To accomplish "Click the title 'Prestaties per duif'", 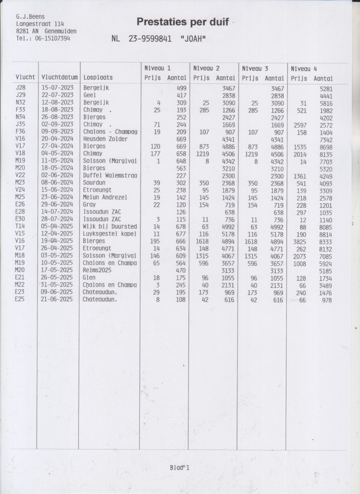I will click(x=182, y=22).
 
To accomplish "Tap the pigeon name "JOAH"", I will click(x=193, y=39).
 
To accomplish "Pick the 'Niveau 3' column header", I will click(x=255, y=68).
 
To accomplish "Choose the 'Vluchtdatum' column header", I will click(x=58, y=77).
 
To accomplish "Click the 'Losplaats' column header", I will click(x=98, y=77).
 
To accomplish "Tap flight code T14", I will click(x=21, y=226).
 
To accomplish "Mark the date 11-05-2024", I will click(x=58, y=161).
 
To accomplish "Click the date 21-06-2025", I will click(x=58, y=299).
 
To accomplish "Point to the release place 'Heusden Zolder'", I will click(x=106, y=139).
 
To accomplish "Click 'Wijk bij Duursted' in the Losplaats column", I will click(x=110, y=226).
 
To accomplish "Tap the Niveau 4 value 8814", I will click(x=325, y=234).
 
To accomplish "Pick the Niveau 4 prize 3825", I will click(x=300, y=241).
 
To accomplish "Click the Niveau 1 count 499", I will click(x=181, y=88).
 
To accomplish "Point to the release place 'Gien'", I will click(x=90, y=277).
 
